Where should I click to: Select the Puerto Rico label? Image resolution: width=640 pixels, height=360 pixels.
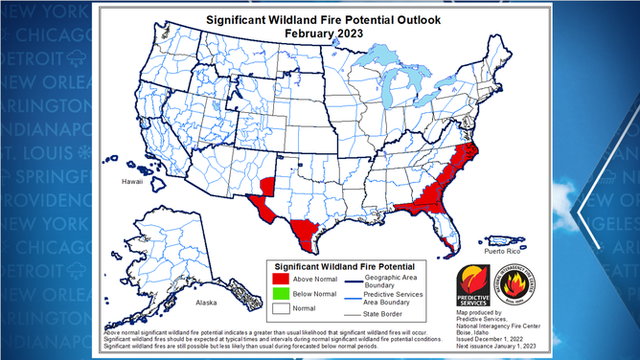503,251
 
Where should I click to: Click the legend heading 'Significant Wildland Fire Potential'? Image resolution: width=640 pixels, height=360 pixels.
344,264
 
